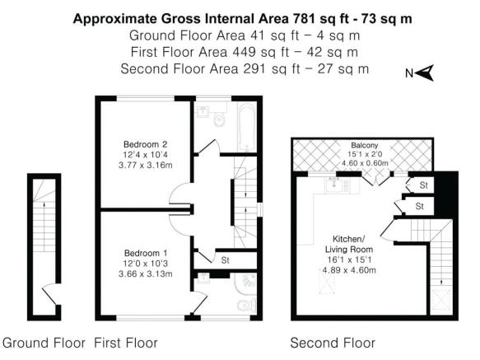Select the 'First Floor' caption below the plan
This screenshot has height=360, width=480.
point(126,342)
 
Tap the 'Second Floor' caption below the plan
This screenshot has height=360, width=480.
point(327,342)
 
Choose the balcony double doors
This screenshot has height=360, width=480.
point(379,177)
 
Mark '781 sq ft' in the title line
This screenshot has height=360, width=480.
point(301,17)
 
